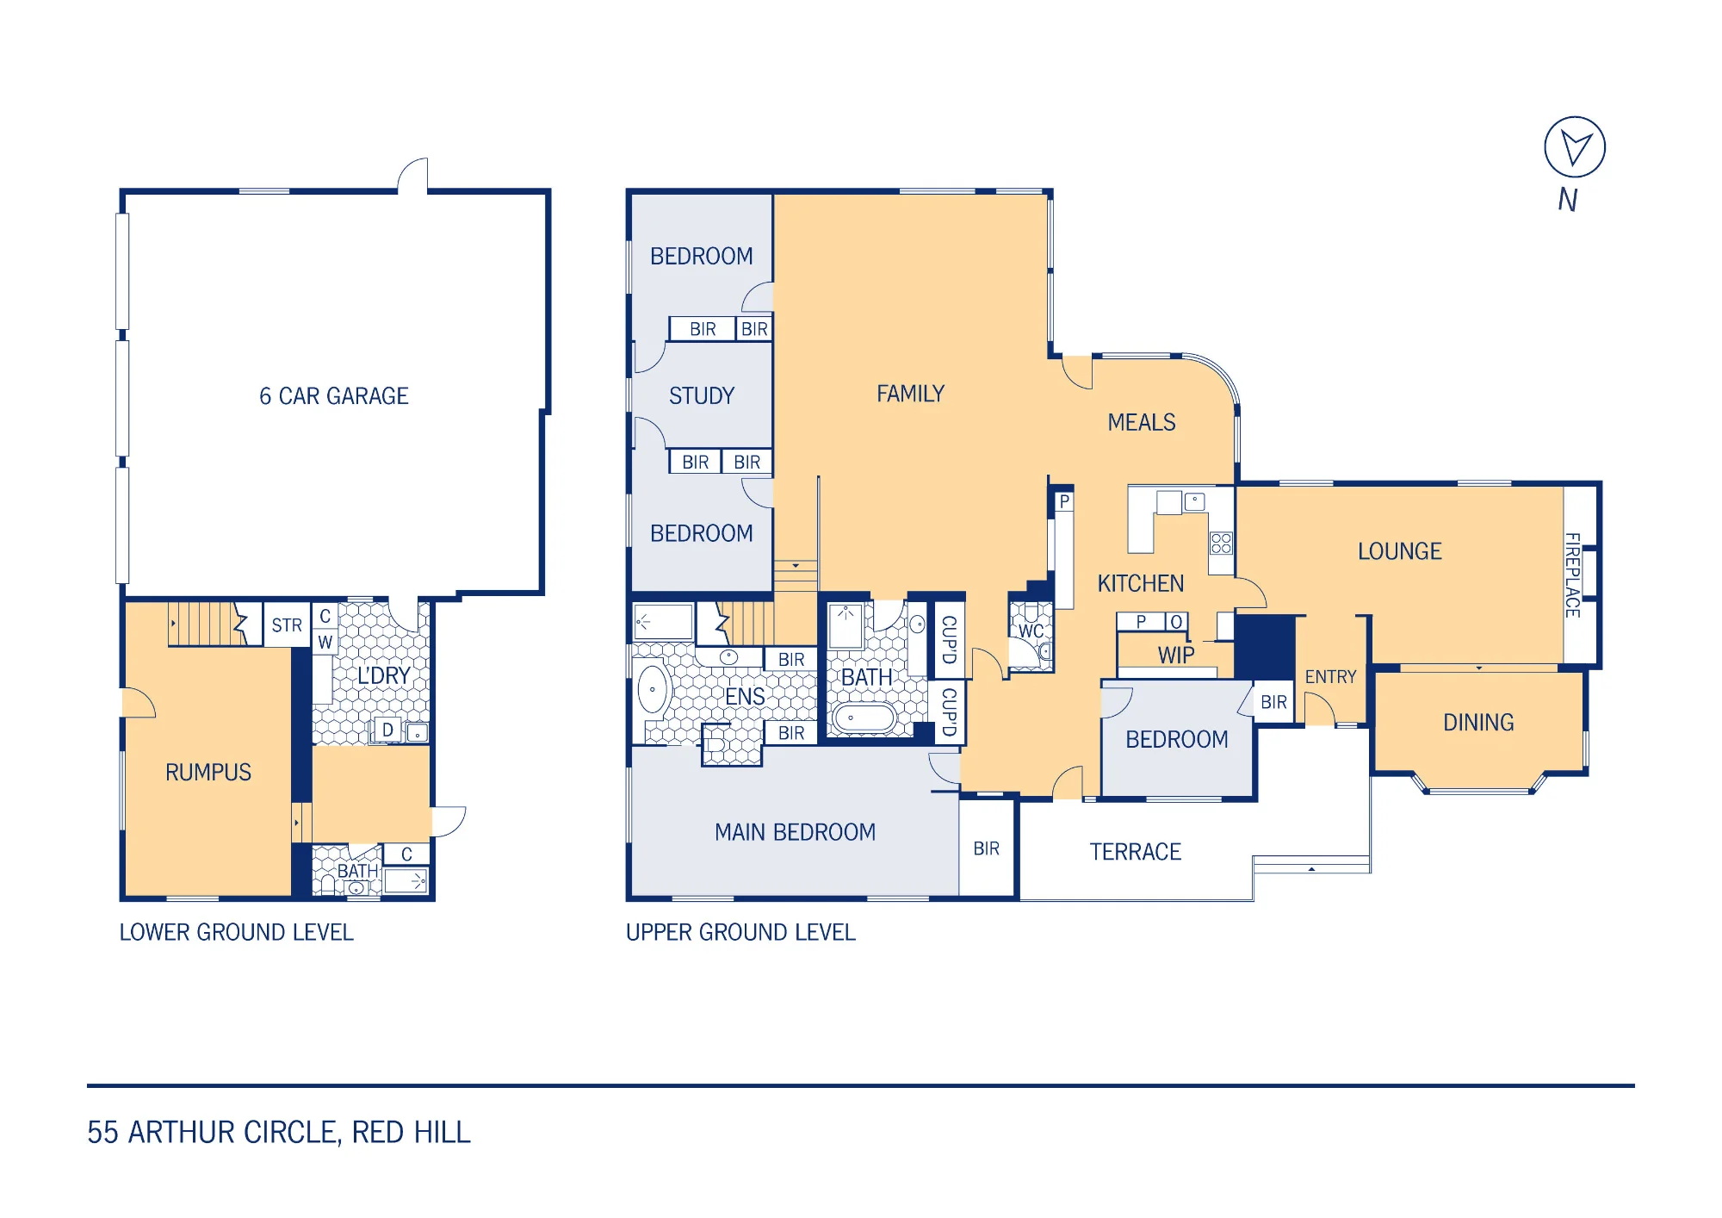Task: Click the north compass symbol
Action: tap(1575, 147)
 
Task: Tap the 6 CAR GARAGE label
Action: tap(334, 396)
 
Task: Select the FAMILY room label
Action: tap(910, 394)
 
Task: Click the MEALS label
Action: tap(1142, 422)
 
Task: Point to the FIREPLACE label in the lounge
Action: tap(1573, 575)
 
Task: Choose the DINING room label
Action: tap(1478, 723)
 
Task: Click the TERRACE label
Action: tap(1135, 852)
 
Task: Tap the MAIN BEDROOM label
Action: tap(795, 832)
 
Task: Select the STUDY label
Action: tap(702, 396)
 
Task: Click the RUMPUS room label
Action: tap(208, 773)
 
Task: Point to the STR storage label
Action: tap(287, 625)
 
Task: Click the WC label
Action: tap(1031, 631)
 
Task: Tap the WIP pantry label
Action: tap(1176, 656)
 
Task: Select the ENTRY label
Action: tap(1330, 677)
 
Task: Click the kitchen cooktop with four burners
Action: tap(1221, 543)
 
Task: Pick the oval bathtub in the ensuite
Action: tap(653, 689)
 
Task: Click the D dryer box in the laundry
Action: tap(387, 730)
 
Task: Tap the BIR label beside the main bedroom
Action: tap(987, 849)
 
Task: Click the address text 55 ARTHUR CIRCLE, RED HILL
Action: tap(279, 1132)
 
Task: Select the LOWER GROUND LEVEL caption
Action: tap(236, 933)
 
